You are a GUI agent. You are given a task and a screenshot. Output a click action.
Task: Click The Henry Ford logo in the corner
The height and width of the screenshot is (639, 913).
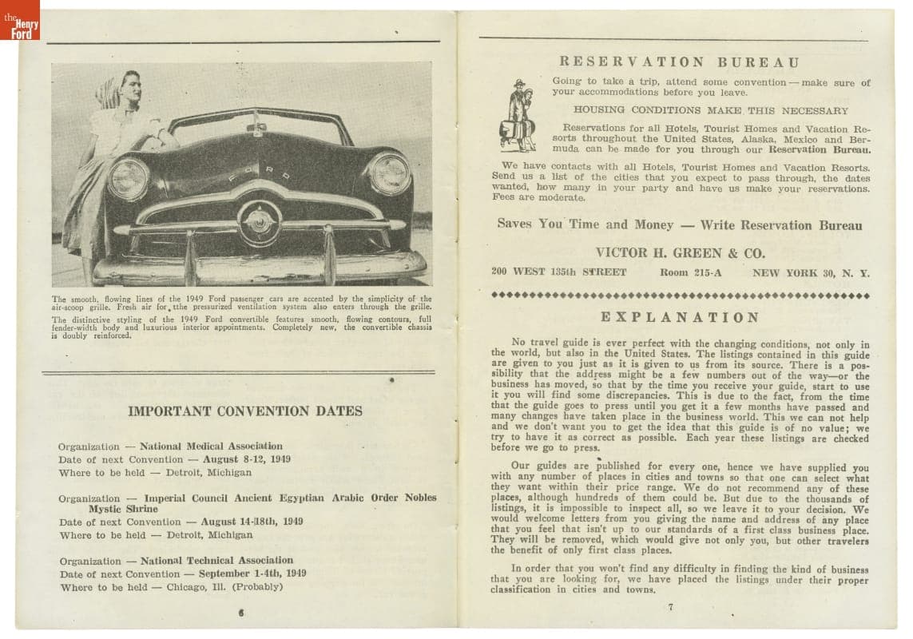coord(20,20)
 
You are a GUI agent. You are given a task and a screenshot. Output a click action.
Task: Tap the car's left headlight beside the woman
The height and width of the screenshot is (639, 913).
coord(129,178)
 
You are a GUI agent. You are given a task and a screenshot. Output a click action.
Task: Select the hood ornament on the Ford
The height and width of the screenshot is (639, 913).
coord(256,128)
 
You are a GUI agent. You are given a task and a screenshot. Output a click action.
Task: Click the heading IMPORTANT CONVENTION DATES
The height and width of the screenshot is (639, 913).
coord(245,411)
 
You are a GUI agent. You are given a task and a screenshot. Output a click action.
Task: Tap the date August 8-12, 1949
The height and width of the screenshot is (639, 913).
coord(247,459)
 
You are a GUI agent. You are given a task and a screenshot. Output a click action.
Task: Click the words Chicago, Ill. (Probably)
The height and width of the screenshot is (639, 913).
coord(224,586)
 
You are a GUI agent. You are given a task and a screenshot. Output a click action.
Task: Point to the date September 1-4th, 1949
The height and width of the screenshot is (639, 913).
coord(252,574)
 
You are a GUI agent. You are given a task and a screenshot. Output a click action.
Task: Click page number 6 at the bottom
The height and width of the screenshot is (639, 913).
coord(240,613)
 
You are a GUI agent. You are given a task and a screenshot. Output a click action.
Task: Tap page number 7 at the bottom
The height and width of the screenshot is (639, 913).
coord(670,607)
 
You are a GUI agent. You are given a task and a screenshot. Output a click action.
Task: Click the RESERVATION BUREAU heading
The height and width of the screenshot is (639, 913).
coord(679,62)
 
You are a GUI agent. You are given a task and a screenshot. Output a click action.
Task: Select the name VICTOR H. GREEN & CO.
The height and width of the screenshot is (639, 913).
coord(680,253)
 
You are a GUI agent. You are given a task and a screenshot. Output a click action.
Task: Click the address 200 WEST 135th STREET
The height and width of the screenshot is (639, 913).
coord(558,272)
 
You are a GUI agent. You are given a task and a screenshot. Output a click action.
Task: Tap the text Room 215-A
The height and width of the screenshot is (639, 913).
coord(690,272)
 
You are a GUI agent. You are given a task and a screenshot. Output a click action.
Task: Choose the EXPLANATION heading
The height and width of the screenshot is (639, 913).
coord(680,317)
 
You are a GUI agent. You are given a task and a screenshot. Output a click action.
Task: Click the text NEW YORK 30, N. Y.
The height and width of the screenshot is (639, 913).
coord(811,272)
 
